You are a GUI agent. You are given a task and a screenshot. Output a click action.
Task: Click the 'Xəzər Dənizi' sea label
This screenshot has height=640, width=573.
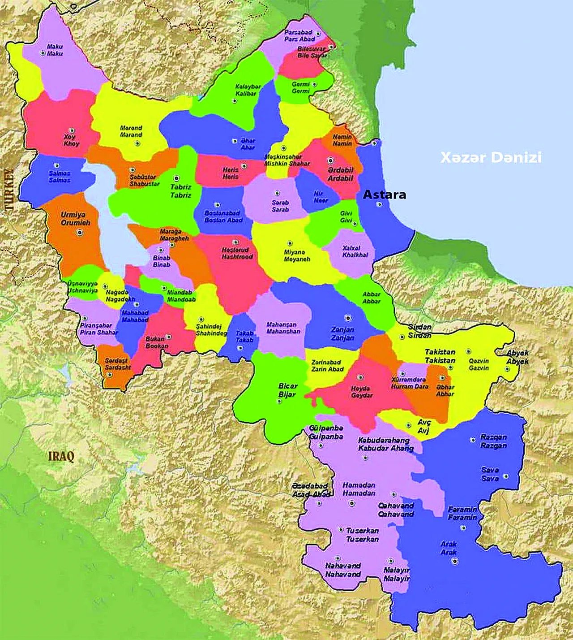[x=491, y=158]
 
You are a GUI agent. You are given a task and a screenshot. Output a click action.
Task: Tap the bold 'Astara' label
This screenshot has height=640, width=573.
[x=384, y=195]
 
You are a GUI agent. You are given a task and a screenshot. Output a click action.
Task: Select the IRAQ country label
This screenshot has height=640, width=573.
[x=61, y=457]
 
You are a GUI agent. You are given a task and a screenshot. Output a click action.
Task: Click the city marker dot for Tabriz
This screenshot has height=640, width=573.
[x=176, y=178]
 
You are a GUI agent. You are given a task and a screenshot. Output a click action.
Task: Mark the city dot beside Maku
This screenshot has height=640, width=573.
[x=43, y=53]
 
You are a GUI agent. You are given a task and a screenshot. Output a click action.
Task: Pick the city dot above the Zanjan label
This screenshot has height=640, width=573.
[x=348, y=318]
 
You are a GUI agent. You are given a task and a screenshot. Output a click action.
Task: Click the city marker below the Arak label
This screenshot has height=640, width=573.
[x=454, y=561]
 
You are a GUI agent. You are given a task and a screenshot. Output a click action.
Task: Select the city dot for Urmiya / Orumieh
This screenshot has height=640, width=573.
[x=80, y=232]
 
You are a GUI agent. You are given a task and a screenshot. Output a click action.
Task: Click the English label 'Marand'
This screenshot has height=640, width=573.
[x=131, y=135]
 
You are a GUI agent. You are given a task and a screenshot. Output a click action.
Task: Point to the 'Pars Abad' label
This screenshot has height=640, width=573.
[x=299, y=39]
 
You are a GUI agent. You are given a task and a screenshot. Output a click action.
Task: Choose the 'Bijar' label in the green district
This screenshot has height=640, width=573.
[x=287, y=394]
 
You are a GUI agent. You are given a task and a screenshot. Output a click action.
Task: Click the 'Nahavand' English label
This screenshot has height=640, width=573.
[x=343, y=574]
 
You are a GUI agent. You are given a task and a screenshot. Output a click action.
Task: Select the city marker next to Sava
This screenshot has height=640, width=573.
[x=505, y=476]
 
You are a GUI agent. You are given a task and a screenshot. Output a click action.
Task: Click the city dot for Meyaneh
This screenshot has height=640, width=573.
[x=290, y=243]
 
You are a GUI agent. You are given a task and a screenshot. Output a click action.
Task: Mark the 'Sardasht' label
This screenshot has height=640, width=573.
[x=118, y=368]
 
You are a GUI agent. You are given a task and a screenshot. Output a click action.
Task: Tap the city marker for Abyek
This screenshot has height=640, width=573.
[x=507, y=369]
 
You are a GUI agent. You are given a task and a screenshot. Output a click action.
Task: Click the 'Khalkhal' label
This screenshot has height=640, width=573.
[x=355, y=255]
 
